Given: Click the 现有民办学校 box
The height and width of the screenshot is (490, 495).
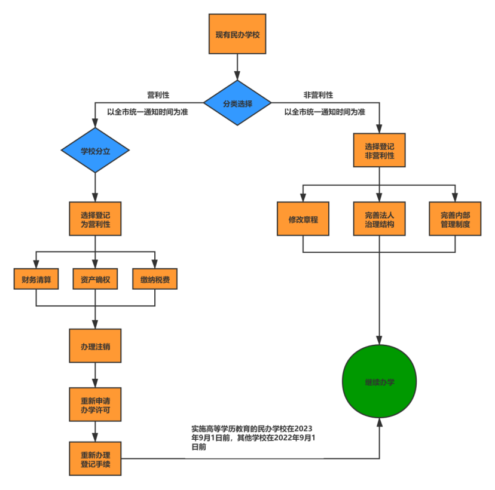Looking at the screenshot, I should point(237,34).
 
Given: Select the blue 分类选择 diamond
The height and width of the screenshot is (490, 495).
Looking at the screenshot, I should point(237,103).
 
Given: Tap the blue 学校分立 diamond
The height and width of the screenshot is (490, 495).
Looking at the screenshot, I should point(95,151).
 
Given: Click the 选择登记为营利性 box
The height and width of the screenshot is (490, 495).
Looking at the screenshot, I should point(95,218).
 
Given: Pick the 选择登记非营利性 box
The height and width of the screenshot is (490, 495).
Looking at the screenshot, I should point(380,150).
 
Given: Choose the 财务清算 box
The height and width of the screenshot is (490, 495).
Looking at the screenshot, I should point(36,279).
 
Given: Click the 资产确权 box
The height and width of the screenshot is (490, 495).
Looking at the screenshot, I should point(95,279).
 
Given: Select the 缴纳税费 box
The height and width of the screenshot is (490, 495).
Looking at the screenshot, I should point(155,279).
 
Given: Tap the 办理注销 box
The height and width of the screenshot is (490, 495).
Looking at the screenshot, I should point(95,345).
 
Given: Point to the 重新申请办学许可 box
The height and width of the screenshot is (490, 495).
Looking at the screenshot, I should point(95,405).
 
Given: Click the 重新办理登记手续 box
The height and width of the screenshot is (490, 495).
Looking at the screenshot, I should point(95,458).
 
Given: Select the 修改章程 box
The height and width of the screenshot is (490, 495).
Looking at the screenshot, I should point(303,219).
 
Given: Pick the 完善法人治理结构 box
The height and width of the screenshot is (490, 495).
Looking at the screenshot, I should point(380,219).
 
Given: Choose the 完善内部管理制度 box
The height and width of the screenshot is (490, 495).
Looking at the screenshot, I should point(455,219).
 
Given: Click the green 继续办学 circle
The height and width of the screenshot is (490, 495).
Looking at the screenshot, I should point(380,382).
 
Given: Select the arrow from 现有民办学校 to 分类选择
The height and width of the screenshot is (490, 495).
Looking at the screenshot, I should point(237,67).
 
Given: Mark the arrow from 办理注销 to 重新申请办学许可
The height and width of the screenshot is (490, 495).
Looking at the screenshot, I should point(95,375).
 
